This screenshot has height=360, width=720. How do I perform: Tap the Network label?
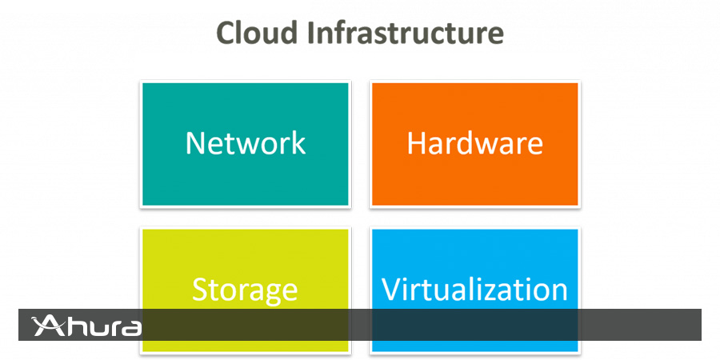click(x=245, y=143)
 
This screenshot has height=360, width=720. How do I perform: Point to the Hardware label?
click(x=474, y=143)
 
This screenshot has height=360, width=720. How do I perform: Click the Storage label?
click(x=245, y=289)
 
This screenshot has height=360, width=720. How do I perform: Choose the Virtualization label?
click(x=474, y=289)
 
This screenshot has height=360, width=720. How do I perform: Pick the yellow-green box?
click(x=245, y=256)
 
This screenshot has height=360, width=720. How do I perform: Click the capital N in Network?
click(x=194, y=143)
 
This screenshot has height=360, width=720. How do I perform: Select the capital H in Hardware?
click(x=416, y=143)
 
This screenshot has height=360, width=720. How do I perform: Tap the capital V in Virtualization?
click(x=391, y=289)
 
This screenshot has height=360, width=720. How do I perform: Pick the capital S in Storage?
click(x=200, y=290)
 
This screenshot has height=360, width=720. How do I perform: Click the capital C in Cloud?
click(x=226, y=33)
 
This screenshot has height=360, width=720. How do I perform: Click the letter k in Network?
click(x=298, y=143)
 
